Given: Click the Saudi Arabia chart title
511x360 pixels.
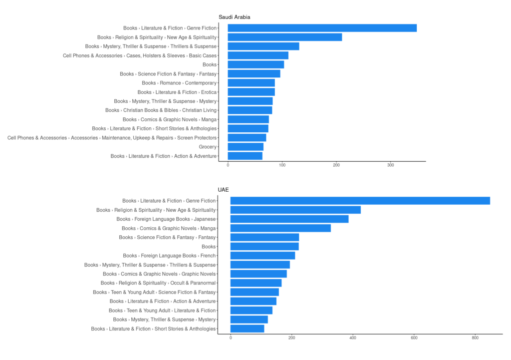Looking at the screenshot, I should [234, 17].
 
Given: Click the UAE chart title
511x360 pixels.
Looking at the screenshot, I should [223, 190].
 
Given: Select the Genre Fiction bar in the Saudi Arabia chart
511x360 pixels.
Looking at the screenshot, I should [322, 28].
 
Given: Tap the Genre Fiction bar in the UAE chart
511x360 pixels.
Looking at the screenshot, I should [360, 201].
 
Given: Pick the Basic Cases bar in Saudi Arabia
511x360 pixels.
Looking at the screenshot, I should [258, 55].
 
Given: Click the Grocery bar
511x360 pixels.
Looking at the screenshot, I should [246, 147].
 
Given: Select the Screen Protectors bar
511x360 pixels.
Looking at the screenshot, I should [247, 138].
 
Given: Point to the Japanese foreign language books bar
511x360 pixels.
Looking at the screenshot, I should [289, 219].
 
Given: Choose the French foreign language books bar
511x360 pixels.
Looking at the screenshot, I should [262, 256].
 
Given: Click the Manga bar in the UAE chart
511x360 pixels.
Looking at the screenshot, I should [280, 228].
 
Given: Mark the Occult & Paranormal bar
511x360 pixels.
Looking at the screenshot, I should [256, 283].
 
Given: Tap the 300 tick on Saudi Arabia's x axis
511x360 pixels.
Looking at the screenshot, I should [391, 165].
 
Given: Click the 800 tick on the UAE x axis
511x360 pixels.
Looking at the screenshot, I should [475, 338].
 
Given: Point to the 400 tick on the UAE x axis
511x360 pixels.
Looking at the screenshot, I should [353, 338].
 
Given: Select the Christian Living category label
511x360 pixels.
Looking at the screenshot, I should [161, 110].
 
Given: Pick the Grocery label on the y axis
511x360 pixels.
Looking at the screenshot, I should [208, 147].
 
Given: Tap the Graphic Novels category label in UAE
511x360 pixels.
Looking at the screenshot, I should [159, 274].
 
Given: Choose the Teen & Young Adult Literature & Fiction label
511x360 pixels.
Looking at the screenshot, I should [162, 311].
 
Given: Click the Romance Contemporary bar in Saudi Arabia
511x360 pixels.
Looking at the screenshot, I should [251, 83].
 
